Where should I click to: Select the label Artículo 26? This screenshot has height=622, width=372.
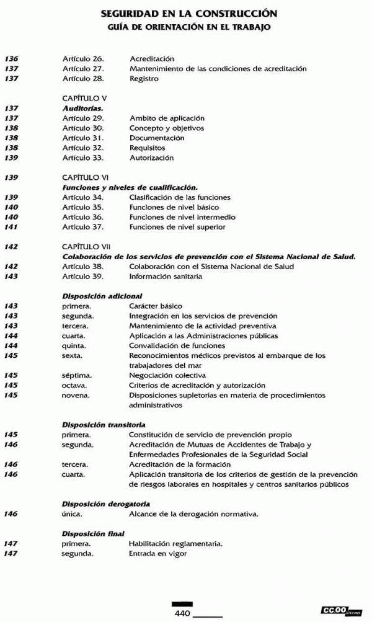point(82,59)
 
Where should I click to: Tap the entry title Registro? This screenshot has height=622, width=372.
point(144,79)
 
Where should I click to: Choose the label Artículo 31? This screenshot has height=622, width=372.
point(82,138)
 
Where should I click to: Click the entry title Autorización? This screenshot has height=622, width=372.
point(151,158)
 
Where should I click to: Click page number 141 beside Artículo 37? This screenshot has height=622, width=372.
point(11,227)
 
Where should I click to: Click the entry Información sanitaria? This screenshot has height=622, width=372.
point(166,277)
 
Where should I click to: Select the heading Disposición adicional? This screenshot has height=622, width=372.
point(102,296)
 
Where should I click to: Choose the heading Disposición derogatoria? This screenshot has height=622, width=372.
point(105,504)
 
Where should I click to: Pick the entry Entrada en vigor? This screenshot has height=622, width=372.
point(157,553)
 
